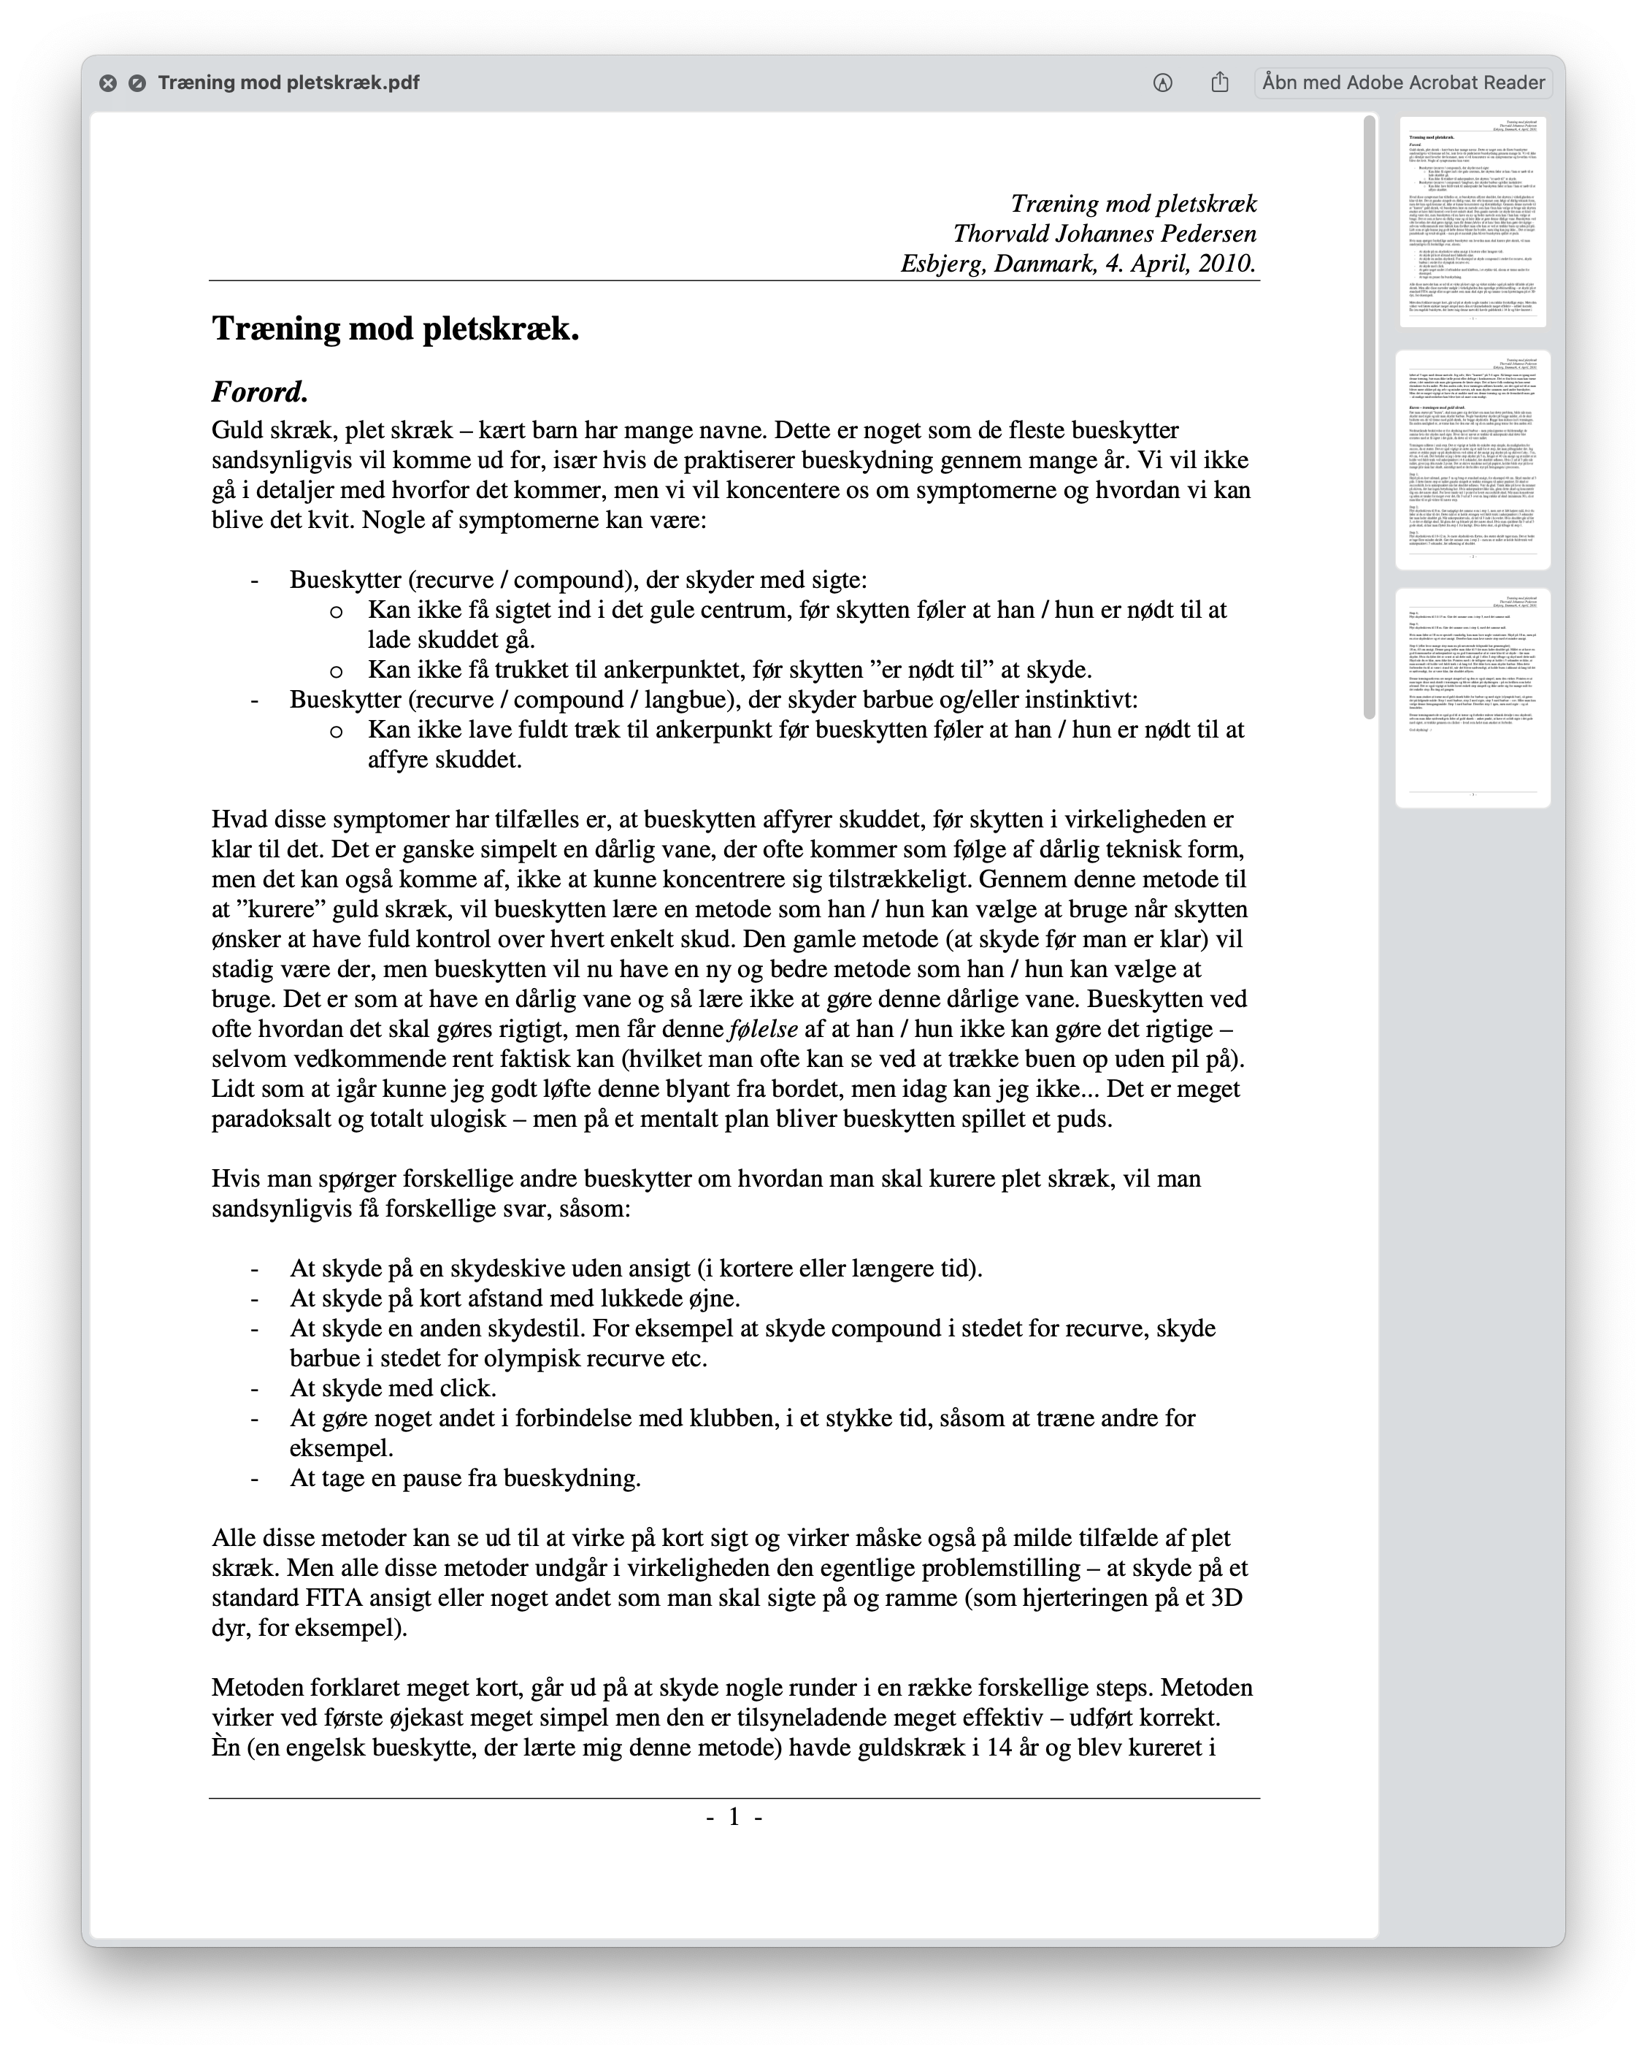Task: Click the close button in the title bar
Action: pos(108,83)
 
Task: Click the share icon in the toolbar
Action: pos(1220,83)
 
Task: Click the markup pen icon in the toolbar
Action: pos(1162,83)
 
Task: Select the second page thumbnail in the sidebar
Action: pos(1473,459)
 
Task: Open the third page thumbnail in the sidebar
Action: pos(1473,697)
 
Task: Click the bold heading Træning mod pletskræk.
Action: pos(396,329)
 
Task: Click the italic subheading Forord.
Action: pos(259,391)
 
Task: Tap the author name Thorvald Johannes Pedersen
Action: pos(1104,234)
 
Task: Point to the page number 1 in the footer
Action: pos(734,1817)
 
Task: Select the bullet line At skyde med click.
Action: pos(393,1388)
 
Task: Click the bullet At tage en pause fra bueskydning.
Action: pos(465,1478)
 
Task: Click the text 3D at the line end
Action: pos(1226,1599)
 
